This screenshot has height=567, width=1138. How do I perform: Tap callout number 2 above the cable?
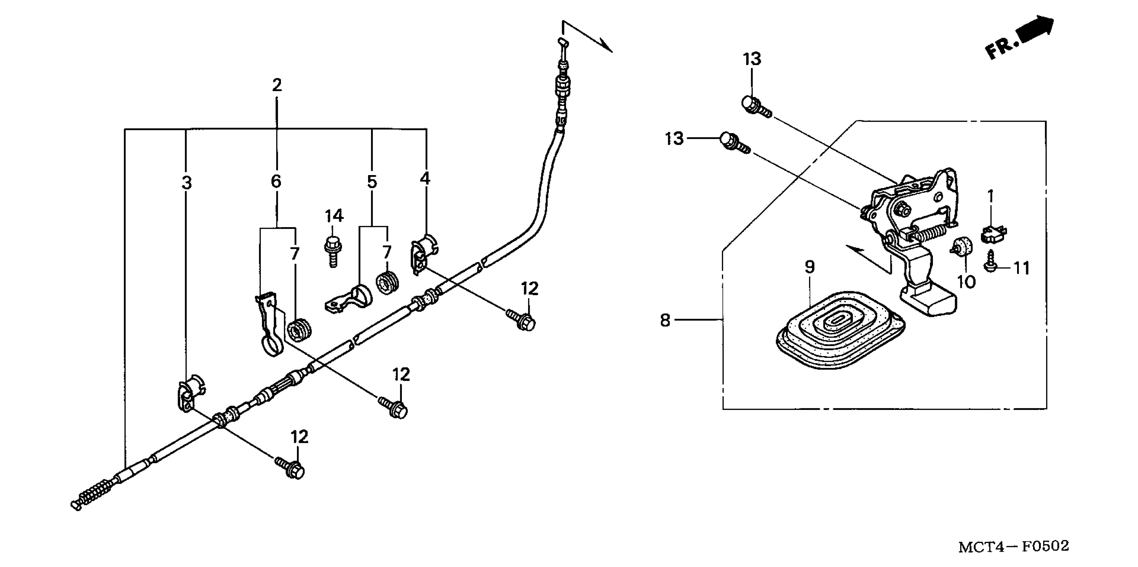(x=277, y=85)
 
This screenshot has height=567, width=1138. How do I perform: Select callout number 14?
(x=334, y=216)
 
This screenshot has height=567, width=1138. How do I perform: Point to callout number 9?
(x=809, y=266)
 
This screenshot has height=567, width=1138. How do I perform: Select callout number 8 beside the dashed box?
(x=665, y=320)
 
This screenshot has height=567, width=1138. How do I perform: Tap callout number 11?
(x=1021, y=268)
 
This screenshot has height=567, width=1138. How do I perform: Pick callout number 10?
(x=966, y=281)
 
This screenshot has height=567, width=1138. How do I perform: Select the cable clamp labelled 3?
(x=190, y=392)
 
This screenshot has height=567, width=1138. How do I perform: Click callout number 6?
(x=276, y=181)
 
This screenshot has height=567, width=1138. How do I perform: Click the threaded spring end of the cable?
(x=95, y=491)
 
